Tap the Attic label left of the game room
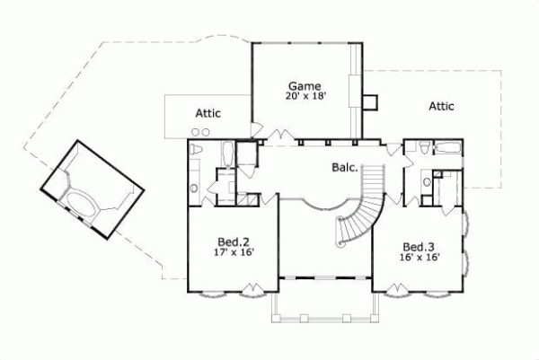point(208,113)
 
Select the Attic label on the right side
point(440,106)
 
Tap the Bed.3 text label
point(418,247)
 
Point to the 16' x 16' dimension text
point(418,259)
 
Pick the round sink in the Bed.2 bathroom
point(194,187)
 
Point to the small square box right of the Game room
point(370,100)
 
